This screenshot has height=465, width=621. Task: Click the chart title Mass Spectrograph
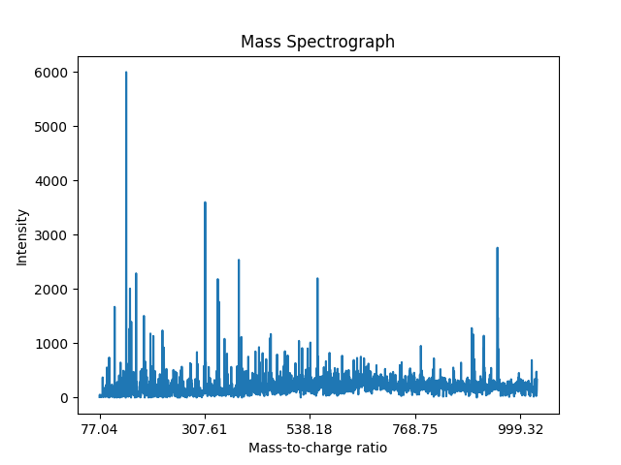click(317, 42)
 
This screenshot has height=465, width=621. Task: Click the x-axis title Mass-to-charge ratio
click(317, 448)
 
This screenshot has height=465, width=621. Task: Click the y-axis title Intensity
click(21, 236)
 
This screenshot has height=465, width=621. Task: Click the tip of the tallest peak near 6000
click(126, 73)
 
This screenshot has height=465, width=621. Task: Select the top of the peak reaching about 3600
click(205, 202)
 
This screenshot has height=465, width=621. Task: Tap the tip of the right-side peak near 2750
click(497, 248)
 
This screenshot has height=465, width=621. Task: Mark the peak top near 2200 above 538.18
click(317, 279)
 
